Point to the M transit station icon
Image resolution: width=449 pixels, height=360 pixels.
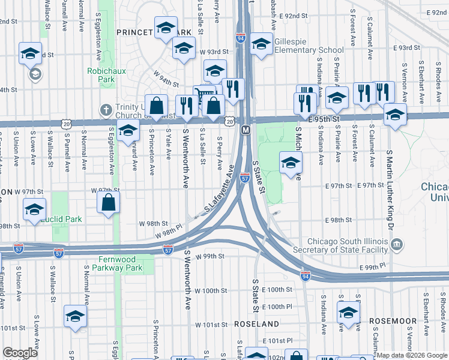click(245, 130)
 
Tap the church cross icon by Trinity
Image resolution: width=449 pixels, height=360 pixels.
click(106, 109)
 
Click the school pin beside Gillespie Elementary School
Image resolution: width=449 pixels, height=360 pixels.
click(261, 45)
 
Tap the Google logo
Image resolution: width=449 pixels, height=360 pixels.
click(20, 353)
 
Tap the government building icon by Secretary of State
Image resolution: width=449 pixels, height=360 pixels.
click(397, 244)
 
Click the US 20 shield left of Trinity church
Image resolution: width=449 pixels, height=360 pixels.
click(65, 124)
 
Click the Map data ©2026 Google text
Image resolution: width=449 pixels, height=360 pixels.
click(412, 355)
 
